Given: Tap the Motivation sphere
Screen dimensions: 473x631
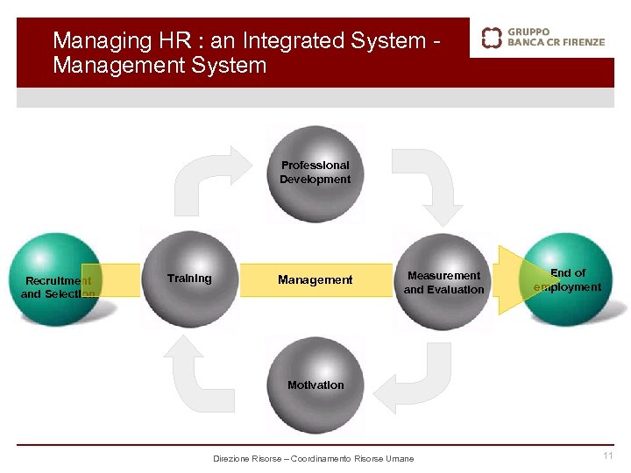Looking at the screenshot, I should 315,385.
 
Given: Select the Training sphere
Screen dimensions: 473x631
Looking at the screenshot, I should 189,279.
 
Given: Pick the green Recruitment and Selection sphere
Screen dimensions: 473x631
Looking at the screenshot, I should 58,280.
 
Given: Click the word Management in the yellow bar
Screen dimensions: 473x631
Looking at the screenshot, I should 315,280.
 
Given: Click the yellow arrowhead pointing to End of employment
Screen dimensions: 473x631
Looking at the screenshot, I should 508,280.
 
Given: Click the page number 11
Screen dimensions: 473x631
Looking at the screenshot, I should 607,455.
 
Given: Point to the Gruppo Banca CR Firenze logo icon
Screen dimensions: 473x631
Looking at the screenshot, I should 493,37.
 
